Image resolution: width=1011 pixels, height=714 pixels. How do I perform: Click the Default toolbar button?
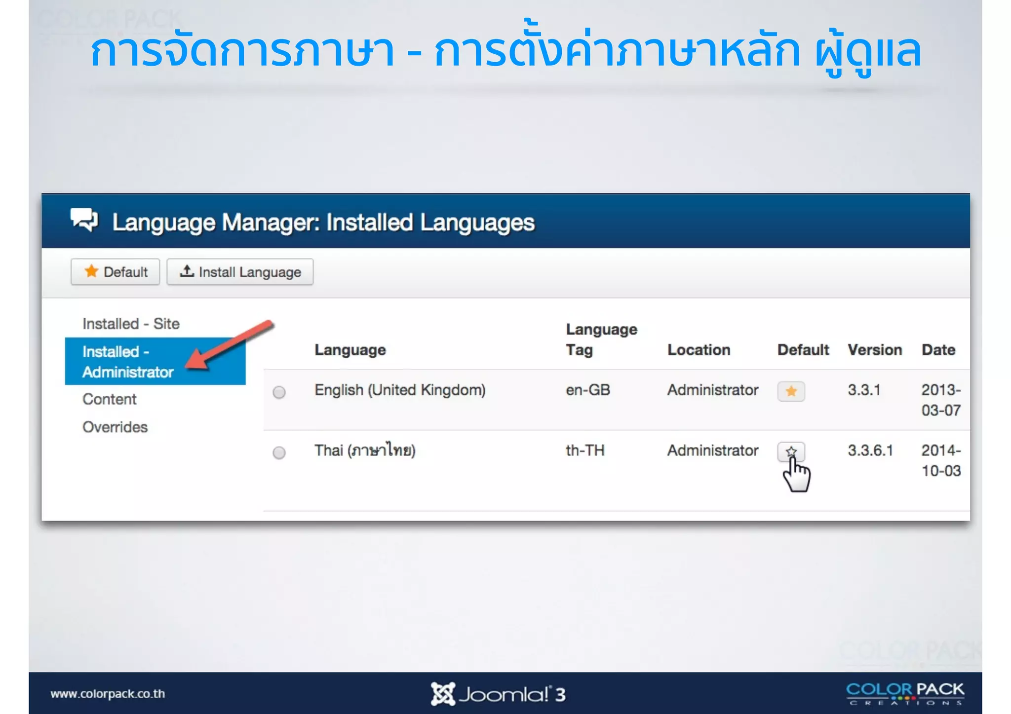(115, 272)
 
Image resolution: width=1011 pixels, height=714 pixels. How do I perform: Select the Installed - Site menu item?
(131, 324)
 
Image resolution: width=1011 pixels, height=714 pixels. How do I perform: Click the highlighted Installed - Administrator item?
(127, 362)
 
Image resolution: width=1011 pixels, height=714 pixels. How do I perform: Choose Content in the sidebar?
(109, 399)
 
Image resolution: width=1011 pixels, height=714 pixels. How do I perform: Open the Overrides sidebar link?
(115, 427)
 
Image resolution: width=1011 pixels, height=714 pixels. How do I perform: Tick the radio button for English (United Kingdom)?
(279, 392)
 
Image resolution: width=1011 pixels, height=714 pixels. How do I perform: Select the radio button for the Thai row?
(279, 452)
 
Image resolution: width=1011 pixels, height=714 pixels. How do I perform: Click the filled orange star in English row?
(791, 391)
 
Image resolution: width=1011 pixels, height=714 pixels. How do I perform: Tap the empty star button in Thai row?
(791, 451)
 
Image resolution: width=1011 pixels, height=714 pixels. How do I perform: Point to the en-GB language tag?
(587, 390)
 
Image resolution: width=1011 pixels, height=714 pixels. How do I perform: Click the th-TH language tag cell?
(584, 451)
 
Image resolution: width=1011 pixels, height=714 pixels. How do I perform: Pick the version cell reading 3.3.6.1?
(870, 451)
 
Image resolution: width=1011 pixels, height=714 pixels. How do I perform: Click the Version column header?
(874, 350)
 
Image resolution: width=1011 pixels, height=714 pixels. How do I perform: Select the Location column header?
(698, 350)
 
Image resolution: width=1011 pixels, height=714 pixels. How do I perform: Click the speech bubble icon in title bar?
(84, 220)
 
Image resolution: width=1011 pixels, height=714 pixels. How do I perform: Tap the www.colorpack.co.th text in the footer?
(108, 694)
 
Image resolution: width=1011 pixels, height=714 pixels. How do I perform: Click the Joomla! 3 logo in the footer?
(498, 694)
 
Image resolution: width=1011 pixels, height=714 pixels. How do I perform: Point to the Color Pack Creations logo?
(904, 693)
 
